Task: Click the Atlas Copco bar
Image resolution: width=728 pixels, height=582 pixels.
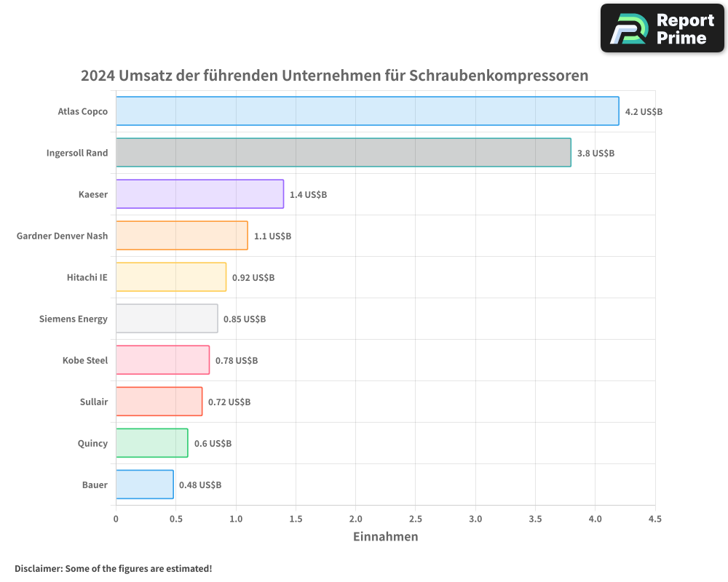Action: pyautogui.click(x=367, y=111)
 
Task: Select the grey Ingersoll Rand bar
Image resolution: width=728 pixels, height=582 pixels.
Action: pyautogui.click(x=343, y=153)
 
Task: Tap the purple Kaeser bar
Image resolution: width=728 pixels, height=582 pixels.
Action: pyautogui.click(x=199, y=194)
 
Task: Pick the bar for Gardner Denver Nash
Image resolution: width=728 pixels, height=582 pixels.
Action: pyautogui.click(x=181, y=236)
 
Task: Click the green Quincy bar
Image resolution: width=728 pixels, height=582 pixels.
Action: pyautogui.click(x=151, y=443)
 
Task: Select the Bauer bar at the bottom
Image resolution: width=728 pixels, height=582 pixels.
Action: pyautogui.click(x=144, y=485)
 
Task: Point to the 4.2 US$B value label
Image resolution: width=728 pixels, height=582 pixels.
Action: pyautogui.click(x=644, y=112)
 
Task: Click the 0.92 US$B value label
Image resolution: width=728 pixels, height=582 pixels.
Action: pyautogui.click(x=253, y=278)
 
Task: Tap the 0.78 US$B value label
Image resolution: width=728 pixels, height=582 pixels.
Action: pyautogui.click(x=237, y=361)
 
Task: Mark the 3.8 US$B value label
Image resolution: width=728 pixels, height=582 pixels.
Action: pyautogui.click(x=596, y=154)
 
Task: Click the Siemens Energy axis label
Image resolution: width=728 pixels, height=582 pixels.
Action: pyautogui.click(x=74, y=319)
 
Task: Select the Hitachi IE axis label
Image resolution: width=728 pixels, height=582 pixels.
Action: pyautogui.click(x=87, y=277)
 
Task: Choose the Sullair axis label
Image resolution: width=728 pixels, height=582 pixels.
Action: pyautogui.click(x=94, y=402)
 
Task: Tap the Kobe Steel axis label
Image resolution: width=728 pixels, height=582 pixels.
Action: pyautogui.click(x=85, y=360)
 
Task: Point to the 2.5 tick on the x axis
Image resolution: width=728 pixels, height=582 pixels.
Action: pyautogui.click(x=416, y=519)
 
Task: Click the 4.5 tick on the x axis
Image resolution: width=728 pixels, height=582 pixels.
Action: pyautogui.click(x=654, y=519)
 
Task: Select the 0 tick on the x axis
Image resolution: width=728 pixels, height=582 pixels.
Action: pyautogui.click(x=116, y=519)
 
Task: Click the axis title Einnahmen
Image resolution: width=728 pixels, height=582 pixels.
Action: pyautogui.click(x=385, y=537)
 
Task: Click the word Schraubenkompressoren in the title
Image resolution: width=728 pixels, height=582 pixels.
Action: pyautogui.click(x=499, y=76)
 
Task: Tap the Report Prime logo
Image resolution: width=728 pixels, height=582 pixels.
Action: pyautogui.click(x=662, y=28)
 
